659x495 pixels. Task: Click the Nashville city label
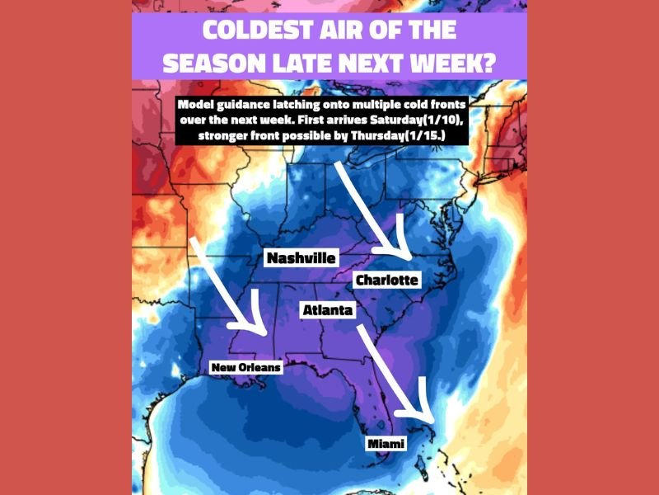pyautogui.click(x=301, y=258)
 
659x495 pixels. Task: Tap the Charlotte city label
pyautogui.click(x=386, y=280)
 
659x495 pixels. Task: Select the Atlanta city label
pyautogui.click(x=327, y=311)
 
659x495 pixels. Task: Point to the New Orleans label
pyautogui.click(x=245, y=367)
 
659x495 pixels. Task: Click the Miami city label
pyautogui.click(x=386, y=445)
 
